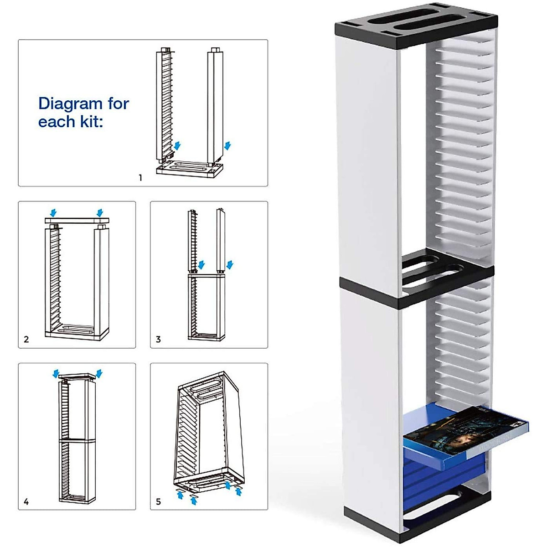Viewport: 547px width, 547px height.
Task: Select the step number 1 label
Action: [x=140, y=178]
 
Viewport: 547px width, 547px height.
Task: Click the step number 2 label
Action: [x=26, y=339]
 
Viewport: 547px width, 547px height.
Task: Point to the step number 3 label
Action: [x=158, y=339]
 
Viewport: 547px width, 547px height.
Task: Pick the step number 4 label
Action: [x=26, y=501]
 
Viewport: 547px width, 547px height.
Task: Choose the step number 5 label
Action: [x=158, y=501]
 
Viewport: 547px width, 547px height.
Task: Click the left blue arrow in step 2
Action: [x=54, y=212]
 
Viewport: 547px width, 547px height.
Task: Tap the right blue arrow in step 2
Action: [x=100, y=212]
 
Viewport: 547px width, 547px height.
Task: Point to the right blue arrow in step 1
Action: [x=228, y=145]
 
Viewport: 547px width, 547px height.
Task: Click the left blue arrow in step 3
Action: [x=201, y=265]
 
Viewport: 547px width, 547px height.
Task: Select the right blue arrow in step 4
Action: [x=99, y=374]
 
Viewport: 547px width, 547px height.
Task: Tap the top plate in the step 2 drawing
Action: [x=77, y=221]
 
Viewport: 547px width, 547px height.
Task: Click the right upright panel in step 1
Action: [x=215, y=105]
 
